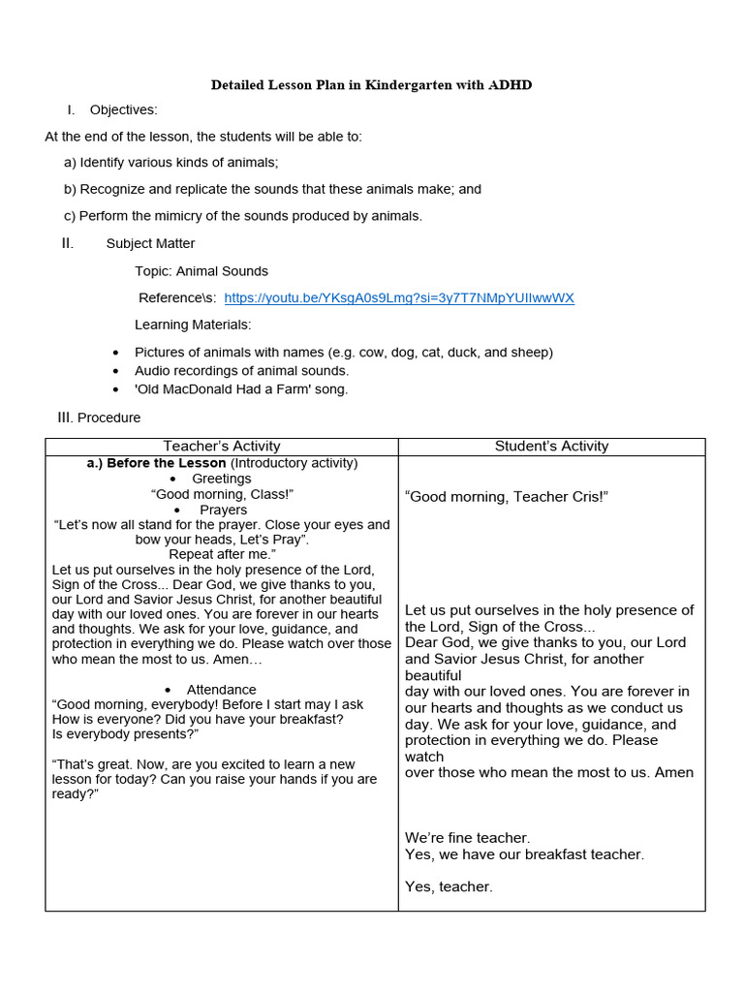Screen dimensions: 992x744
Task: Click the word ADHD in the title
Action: (x=510, y=85)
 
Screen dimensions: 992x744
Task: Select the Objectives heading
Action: (x=123, y=110)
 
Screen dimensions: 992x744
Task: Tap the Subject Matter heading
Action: (x=150, y=244)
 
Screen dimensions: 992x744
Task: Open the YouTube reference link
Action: (x=399, y=298)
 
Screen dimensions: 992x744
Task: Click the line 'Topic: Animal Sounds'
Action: (x=201, y=271)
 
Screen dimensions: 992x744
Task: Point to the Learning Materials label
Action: (x=193, y=325)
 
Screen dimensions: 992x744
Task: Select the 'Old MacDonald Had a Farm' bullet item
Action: (x=241, y=389)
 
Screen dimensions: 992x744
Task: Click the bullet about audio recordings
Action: (x=241, y=371)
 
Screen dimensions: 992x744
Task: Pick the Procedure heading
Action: (x=108, y=418)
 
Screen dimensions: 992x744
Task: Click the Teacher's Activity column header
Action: (x=222, y=447)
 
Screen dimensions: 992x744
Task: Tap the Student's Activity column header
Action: (x=551, y=447)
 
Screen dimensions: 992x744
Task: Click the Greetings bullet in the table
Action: (x=221, y=479)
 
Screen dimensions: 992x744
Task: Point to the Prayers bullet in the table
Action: (x=223, y=510)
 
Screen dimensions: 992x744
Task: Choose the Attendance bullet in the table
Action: (x=222, y=690)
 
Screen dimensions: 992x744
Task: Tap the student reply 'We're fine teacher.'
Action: (x=467, y=838)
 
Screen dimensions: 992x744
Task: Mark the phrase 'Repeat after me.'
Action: (x=222, y=554)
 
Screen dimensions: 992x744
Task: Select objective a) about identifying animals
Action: (x=171, y=163)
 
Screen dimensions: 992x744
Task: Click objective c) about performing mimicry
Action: (x=243, y=216)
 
